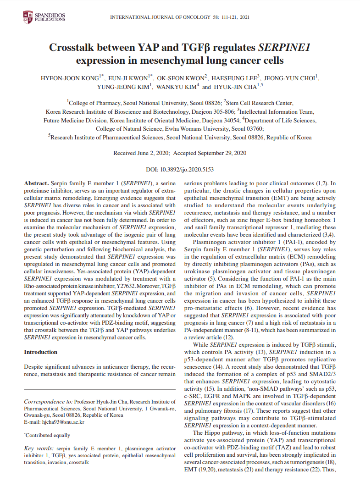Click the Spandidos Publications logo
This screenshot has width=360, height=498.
[44, 18]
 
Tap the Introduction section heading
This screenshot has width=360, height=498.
[41, 352]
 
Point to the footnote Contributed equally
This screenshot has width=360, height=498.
[48, 435]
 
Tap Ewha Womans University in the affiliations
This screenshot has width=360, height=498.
[216, 129]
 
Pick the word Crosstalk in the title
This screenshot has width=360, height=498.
[75, 47]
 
